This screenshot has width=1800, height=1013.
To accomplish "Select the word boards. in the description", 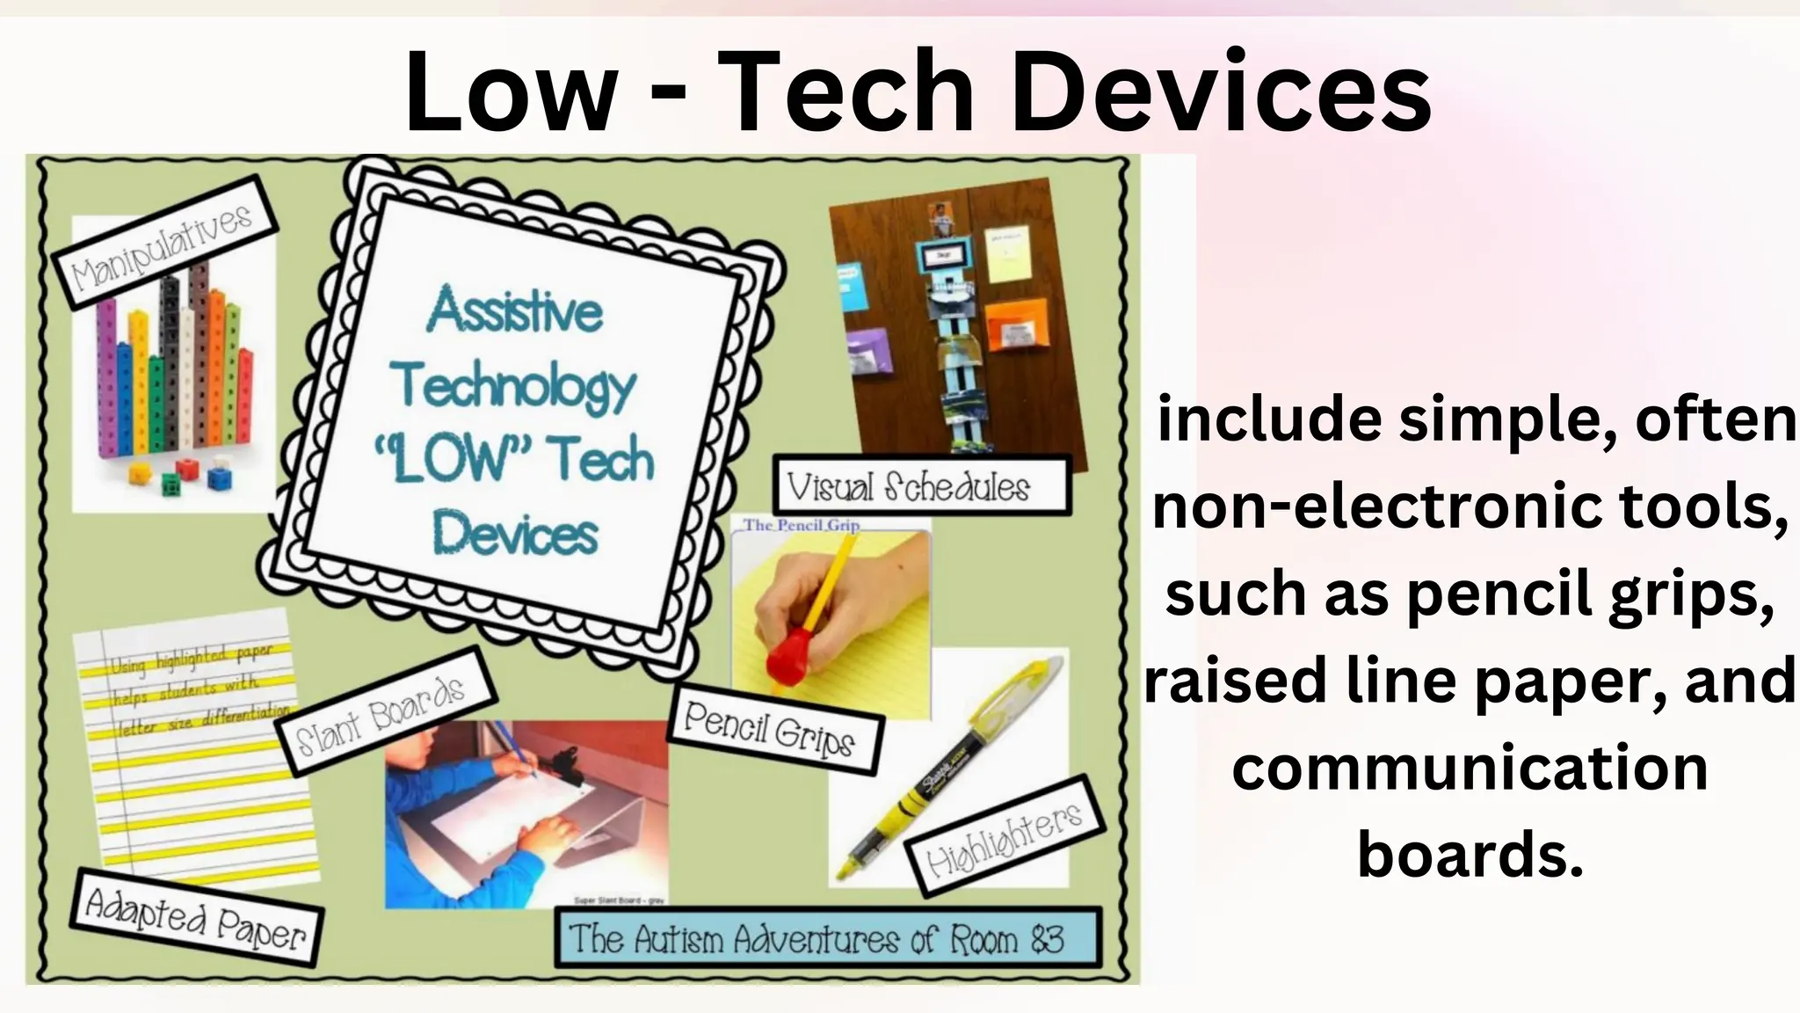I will (x=1470, y=853).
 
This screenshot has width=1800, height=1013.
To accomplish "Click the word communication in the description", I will (x=1470, y=768).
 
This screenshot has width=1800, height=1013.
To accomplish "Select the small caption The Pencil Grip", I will (x=801, y=525).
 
